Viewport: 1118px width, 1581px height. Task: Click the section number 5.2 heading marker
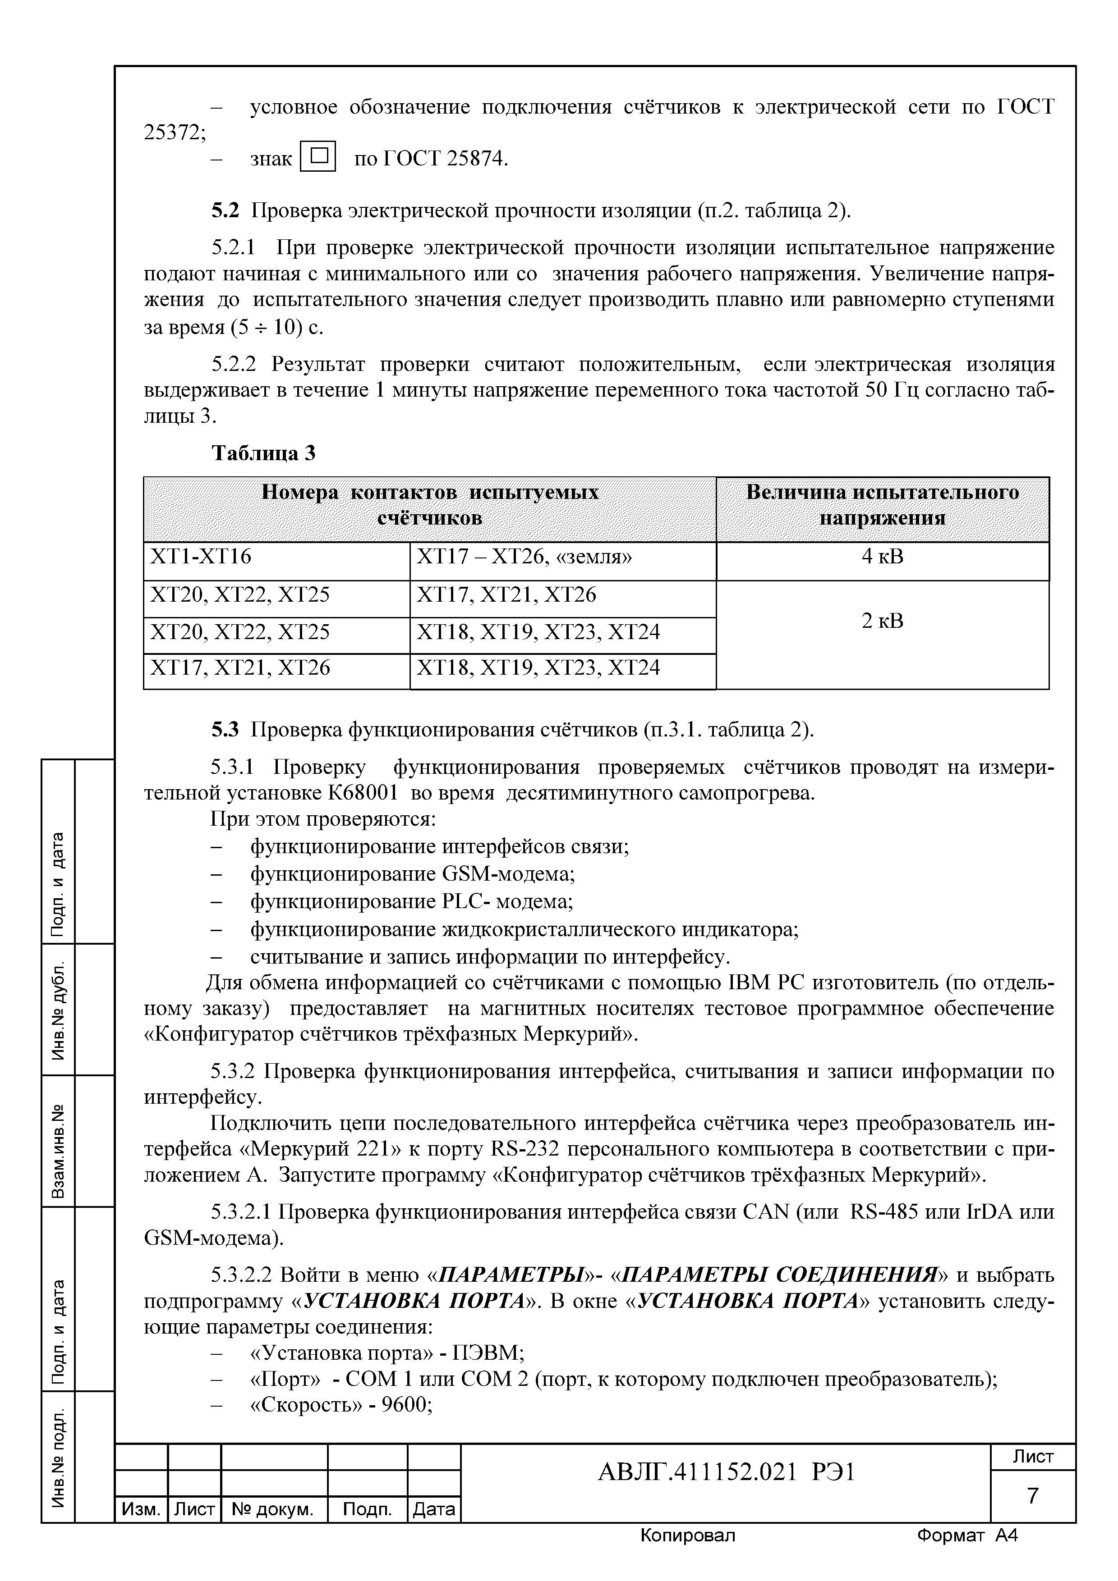pos(225,210)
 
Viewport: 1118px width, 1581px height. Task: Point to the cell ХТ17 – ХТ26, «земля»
pos(524,557)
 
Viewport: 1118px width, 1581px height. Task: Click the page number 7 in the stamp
pos(1033,1496)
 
